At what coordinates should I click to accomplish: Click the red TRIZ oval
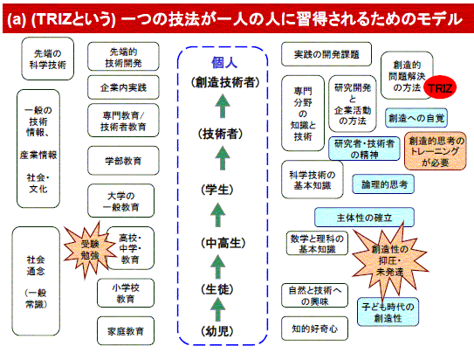[x=440, y=87]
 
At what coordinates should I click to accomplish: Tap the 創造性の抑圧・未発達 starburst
[x=390, y=260]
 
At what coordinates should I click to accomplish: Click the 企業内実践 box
[x=123, y=87]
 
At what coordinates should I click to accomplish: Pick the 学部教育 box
[x=123, y=161]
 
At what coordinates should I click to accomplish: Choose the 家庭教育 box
[x=126, y=331]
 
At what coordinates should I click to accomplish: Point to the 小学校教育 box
[x=126, y=293]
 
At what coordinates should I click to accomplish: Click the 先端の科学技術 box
[x=48, y=59]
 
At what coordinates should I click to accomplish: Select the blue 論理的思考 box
[x=383, y=184]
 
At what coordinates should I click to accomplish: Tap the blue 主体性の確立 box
[x=364, y=217]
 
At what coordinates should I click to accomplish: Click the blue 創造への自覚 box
[x=416, y=118]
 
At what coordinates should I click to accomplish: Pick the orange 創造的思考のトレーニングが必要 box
[x=436, y=151]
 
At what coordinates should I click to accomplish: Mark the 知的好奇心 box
[x=314, y=329]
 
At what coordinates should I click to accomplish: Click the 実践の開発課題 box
[x=326, y=54]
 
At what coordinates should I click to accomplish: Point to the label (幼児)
[x=217, y=331]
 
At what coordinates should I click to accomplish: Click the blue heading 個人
[x=224, y=63]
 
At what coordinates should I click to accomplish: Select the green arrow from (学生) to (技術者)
[x=223, y=158]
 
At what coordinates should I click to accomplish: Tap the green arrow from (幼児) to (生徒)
[x=217, y=309]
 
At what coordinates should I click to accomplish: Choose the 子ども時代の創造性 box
[x=388, y=312]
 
